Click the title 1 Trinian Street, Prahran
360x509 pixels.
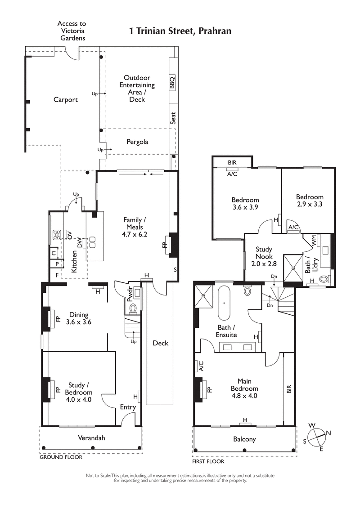(x=180, y=31)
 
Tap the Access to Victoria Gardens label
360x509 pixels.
(x=72, y=31)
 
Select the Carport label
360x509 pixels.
(x=66, y=100)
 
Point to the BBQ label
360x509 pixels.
(x=172, y=83)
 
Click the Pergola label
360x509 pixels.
(x=137, y=142)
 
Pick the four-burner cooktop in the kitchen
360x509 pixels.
(x=58, y=234)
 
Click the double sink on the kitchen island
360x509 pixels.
(x=93, y=242)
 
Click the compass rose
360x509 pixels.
(x=317, y=435)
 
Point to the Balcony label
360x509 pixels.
(x=244, y=439)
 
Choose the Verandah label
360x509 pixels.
(x=91, y=438)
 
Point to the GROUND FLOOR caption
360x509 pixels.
(x=61, y=457)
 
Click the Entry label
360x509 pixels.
(x=128, y=407)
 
